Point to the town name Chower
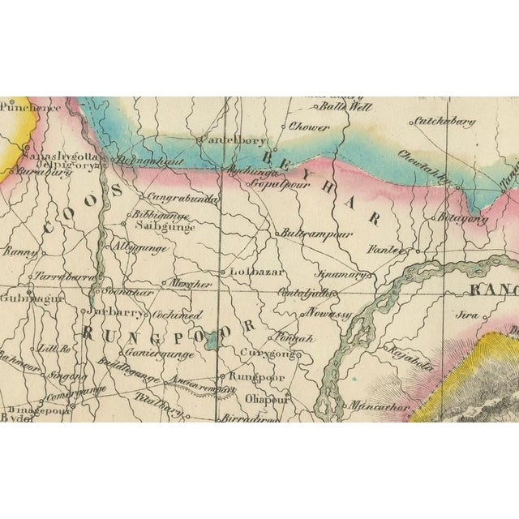[309, 127]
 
